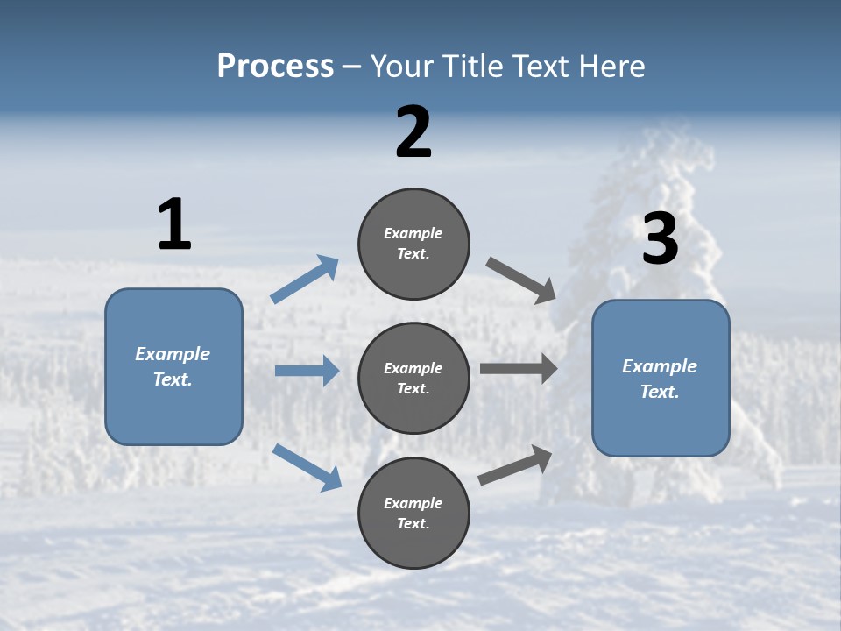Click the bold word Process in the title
pos(275,67)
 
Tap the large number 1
pos(174,225)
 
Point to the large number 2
pos(413,132)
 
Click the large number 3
pos(660,239)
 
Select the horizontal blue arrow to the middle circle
pos(307,371)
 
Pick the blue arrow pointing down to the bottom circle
pos(307,467)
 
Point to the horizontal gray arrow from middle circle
pos(518,369)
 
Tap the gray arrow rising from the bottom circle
pos(515,465)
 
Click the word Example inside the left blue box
pos(173,354)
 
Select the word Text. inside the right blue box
pos(660,392)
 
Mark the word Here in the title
pos(612,67)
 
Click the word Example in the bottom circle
pos(413,503)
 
